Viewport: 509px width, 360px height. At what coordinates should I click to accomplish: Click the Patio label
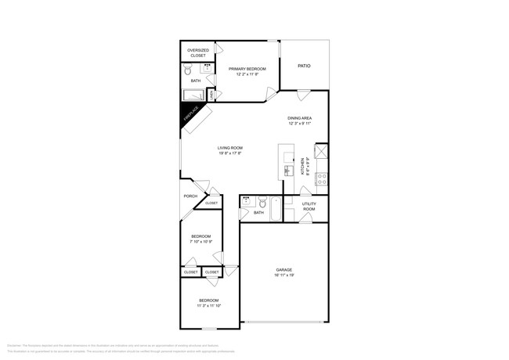pos(304,66)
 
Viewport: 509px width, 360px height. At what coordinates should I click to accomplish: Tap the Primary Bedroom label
pos(247,69)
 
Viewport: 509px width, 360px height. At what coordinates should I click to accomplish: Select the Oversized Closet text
pos(197,52)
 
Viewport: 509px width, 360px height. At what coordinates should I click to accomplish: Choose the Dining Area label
pos(299,118)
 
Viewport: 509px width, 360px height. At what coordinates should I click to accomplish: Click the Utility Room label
pos(309,207)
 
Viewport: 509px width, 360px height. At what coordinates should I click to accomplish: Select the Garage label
pos(283,269)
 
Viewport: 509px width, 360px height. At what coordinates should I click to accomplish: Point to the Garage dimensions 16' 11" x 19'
pos(283,275)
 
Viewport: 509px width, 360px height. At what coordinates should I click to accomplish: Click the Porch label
pos(190,196)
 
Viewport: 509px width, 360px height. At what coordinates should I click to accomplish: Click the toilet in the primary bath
pos(189,70)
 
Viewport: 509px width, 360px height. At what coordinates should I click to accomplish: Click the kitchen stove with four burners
pos(320,178)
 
